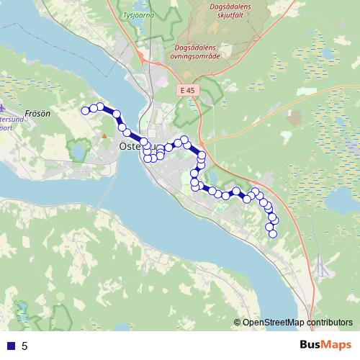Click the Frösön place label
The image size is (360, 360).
(x=36, y=113)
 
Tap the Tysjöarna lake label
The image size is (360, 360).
(x=139, y=14)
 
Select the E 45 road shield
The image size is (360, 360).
(x=188, y=90)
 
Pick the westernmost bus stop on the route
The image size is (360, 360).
(x=85, y=110)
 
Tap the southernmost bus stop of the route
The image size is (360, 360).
(x=272, y=233)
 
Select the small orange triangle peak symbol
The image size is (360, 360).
(x=104, y=135)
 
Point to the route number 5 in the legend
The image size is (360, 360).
(x=24, y=346)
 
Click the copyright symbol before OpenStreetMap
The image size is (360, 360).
(x=237, y=323)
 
